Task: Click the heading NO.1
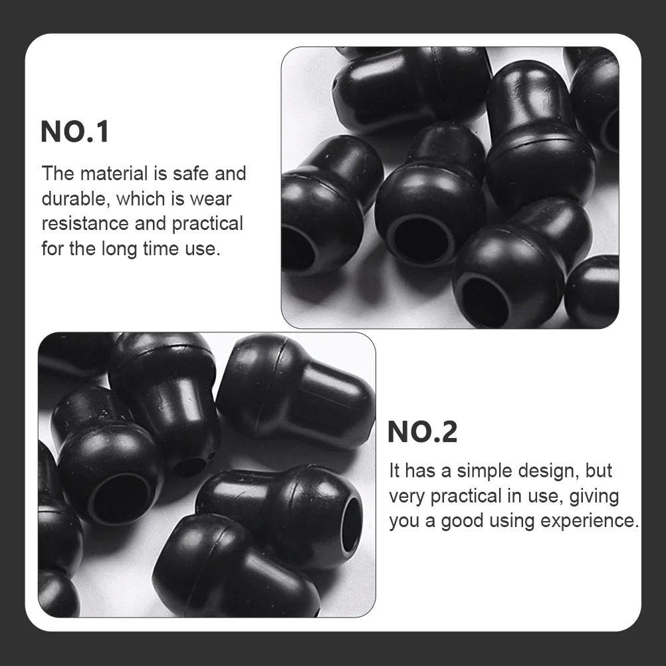pos(74,132)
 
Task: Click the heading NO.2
pos(422,432)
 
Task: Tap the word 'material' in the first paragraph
pos(114,173)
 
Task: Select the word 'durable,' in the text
pos(73,198)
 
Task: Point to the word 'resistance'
pos(85,223)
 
